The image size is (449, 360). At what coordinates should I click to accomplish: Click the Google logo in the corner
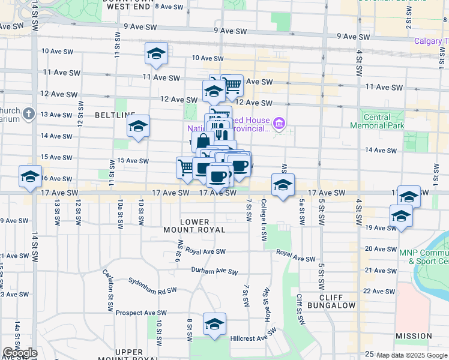pyautogui.click(x=20, y=353)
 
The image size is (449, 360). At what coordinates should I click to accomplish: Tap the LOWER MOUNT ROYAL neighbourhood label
pyautogui.click(x=194, y=226)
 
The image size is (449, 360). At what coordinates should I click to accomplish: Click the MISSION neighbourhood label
pyautogui.click(x=414, y=336)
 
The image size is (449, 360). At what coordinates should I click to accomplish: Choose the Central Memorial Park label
pyautogui.click(x=378, y=121)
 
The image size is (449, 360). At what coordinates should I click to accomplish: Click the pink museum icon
pyautogui.click(x=279, y=125)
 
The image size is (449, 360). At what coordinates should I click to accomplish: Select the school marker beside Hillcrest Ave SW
pyautogui.click(x=214, y=324)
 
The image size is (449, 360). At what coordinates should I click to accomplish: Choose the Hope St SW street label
pyautogui.click(x=264, y=300)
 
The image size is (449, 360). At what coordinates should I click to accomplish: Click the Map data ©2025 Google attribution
pyautogui.click(x=412, y=355)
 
